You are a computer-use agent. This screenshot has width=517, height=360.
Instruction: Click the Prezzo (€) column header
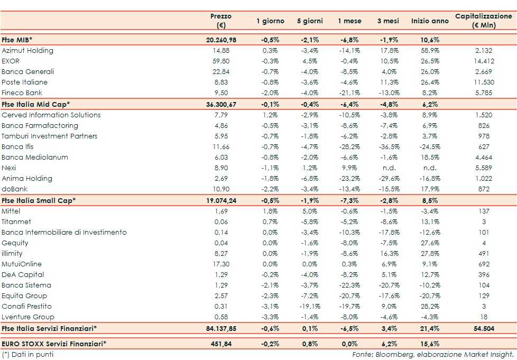[221, 21]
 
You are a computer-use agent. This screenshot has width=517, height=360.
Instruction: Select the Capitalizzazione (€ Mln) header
[484, 21]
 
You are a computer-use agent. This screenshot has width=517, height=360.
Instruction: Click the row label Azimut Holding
[27, 51]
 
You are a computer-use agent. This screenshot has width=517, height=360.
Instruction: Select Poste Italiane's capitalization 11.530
[484, 82]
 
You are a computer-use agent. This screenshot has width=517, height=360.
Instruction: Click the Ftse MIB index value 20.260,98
[221, 40]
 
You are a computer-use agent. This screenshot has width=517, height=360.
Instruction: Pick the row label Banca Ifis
[18, 147]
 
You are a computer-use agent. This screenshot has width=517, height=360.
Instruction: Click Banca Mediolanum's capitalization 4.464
[484, 158]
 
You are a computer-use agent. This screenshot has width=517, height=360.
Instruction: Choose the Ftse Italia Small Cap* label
[39, 200]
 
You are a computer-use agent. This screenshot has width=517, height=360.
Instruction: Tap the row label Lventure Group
[28, 317]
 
